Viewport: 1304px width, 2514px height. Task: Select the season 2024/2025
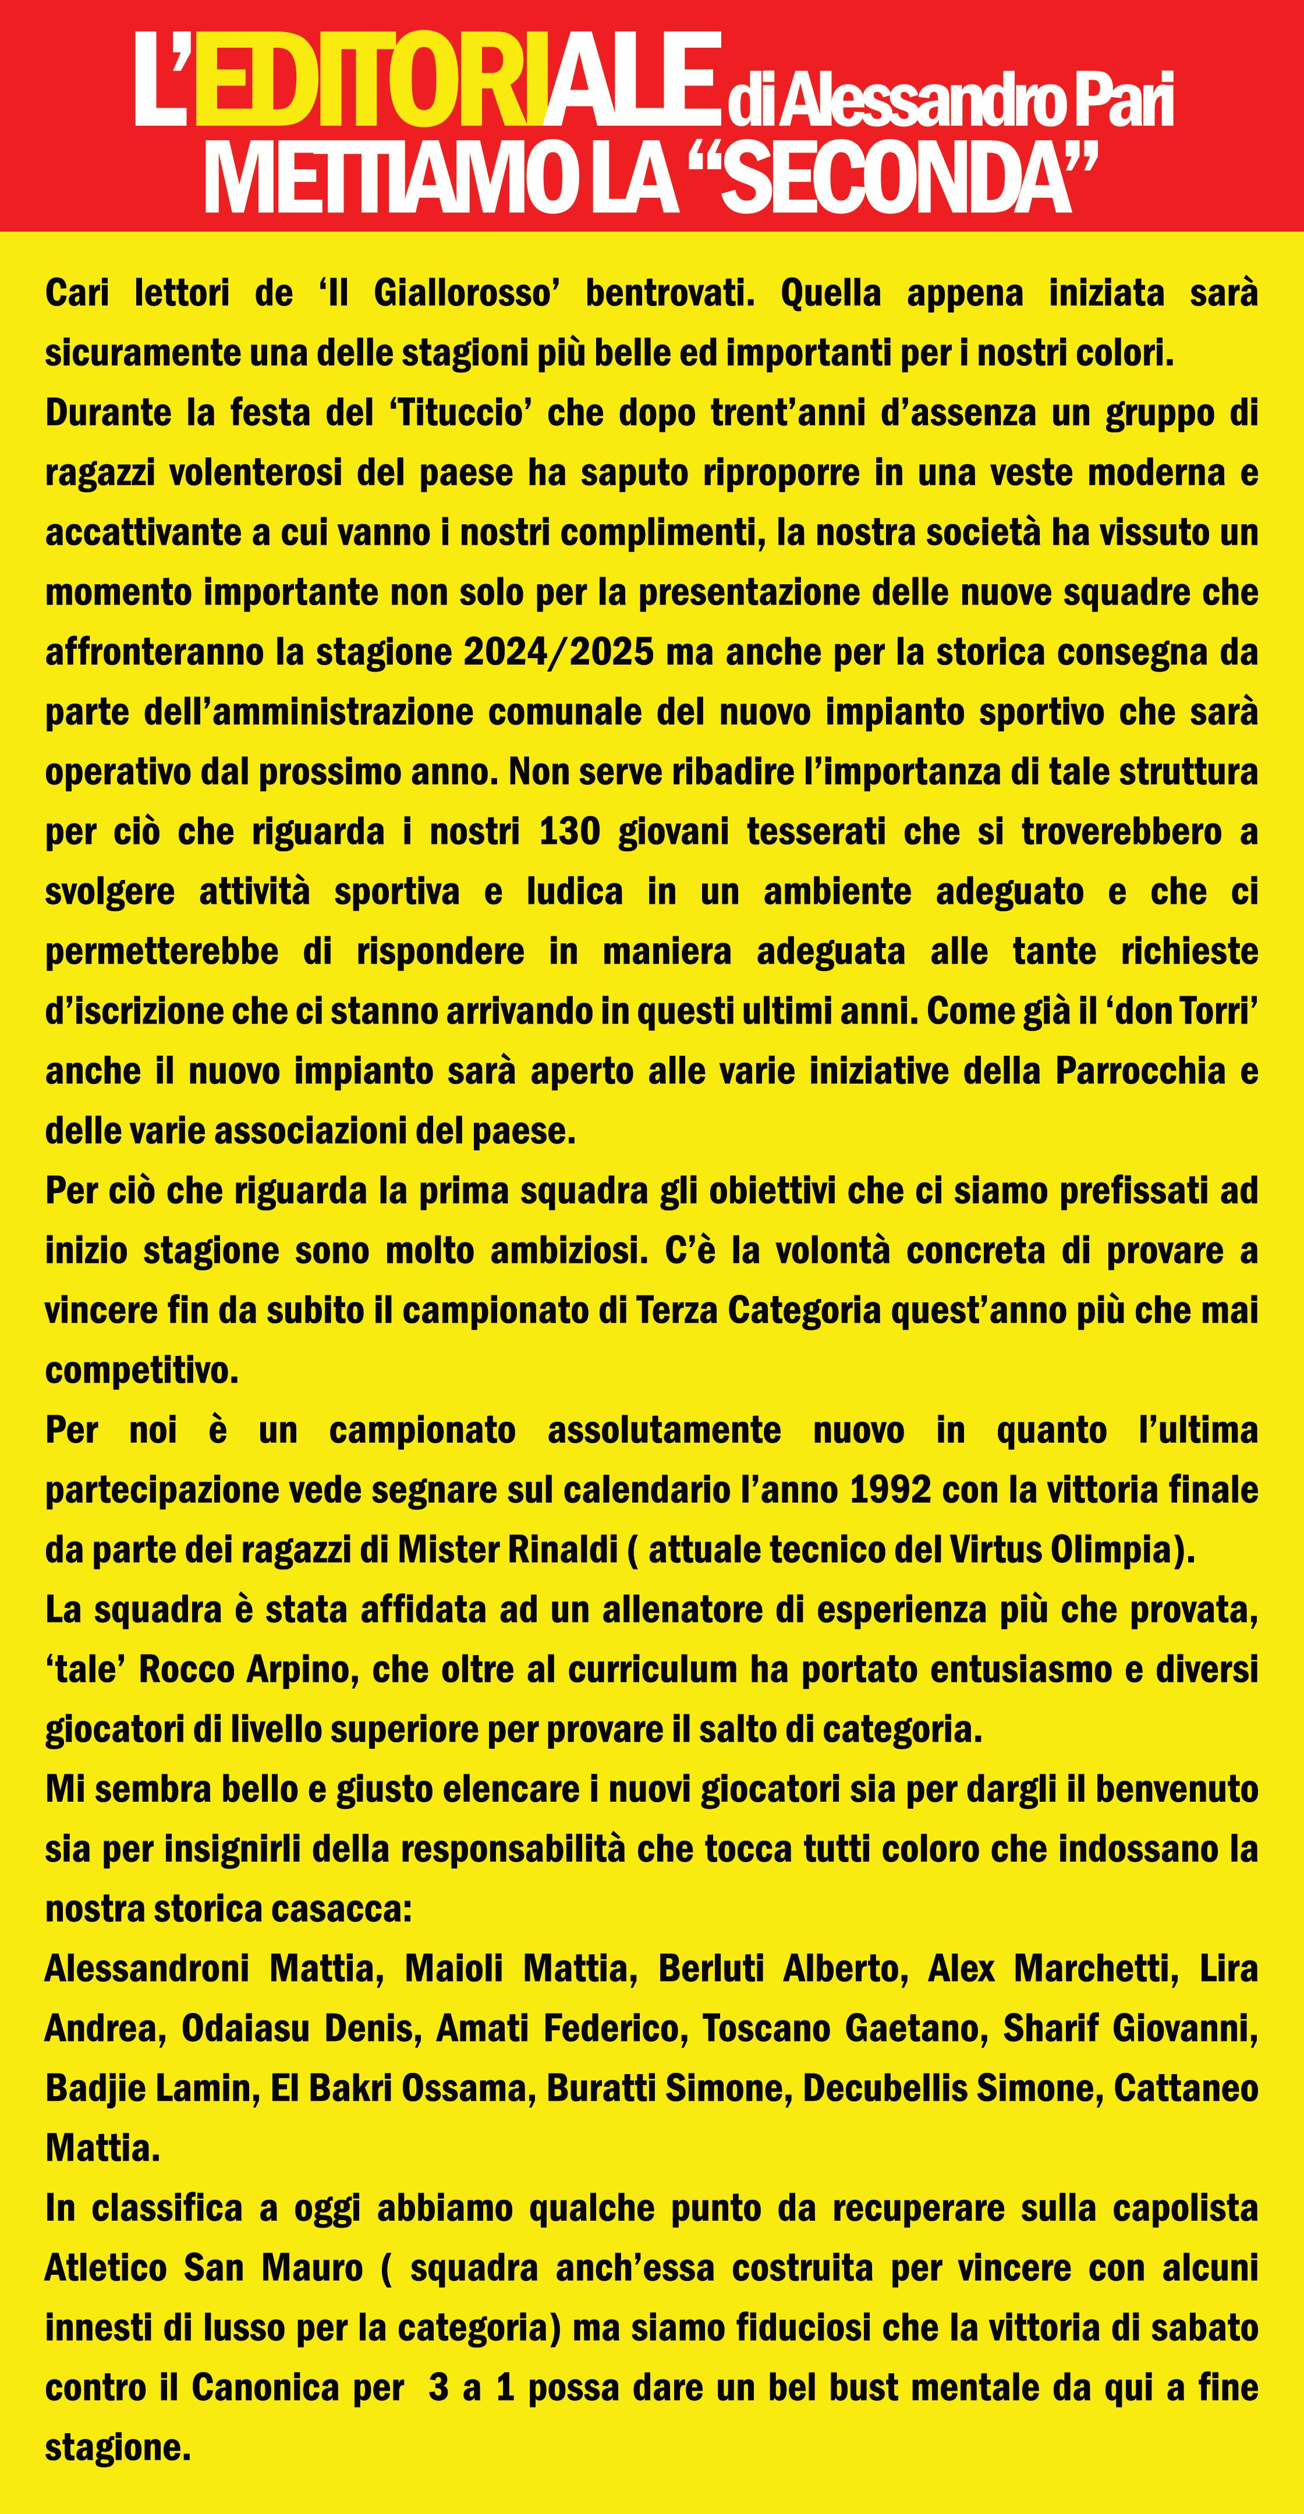click(558, 652)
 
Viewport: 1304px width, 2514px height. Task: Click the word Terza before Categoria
click(678, 1311)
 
